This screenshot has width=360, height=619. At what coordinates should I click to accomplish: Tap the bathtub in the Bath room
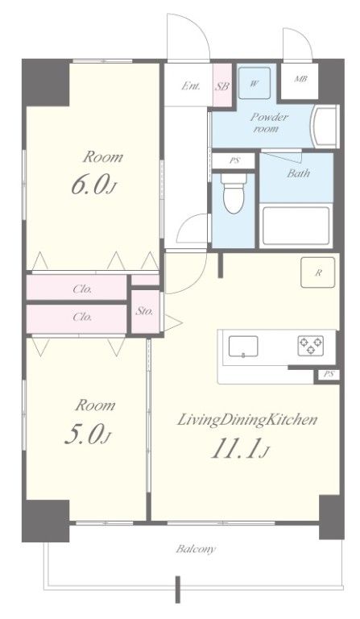[x=296, y=226]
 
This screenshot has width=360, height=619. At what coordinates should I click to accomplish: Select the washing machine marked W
[x=254, y=83]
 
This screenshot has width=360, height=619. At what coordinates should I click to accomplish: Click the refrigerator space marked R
[x=317, y=272]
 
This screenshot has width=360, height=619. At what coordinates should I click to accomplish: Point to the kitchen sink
[x=243, y=347]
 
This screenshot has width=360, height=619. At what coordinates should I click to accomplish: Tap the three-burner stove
[x=311, y=345]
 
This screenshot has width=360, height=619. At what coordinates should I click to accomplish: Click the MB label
[x=301, y=79]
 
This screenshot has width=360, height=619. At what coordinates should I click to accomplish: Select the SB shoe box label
[x=222, y=86]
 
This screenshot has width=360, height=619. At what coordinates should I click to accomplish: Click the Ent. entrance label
[x=191, y=85]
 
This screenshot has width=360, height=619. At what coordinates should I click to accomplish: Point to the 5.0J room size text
[x=88, y=434]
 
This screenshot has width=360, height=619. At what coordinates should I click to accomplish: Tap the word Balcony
[x=196, y=549]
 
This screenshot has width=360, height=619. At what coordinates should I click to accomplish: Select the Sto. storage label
[x=144, y=311]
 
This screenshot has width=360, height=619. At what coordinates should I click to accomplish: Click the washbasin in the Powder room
[x=325, y=127]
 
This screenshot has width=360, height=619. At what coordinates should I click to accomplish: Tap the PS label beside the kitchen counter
[x=329, y=374]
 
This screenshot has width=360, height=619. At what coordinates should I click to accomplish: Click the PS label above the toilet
[x=235, y=160]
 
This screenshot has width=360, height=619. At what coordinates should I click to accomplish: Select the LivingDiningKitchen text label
[x=247, y=420]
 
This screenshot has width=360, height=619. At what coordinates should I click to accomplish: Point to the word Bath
[x=299, y=173]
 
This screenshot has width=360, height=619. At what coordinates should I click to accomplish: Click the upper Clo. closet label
[x=82, y=289]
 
